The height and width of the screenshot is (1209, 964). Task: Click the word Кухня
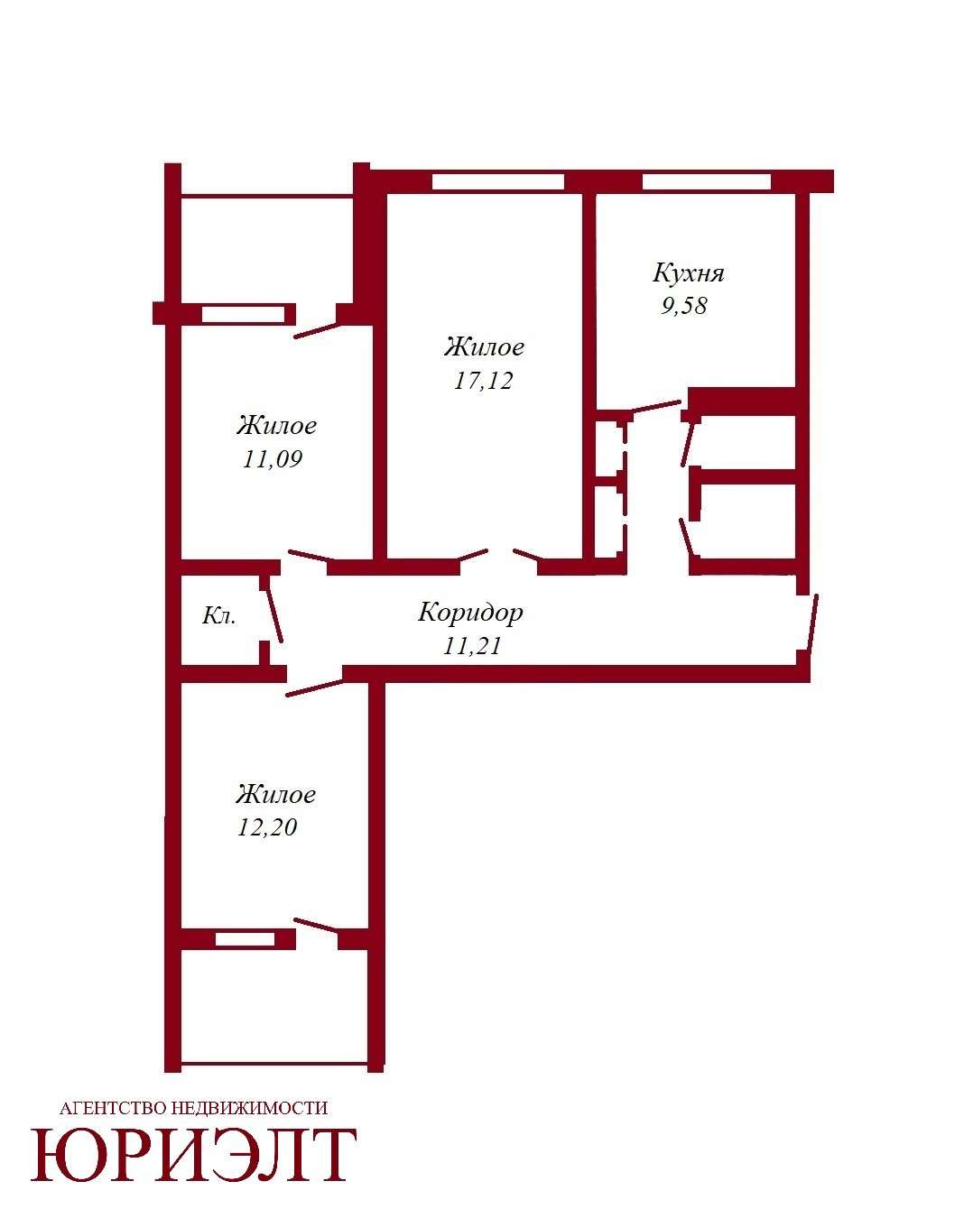[x=688, y=273]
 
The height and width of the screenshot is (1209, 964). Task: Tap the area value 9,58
[x=683, y=306]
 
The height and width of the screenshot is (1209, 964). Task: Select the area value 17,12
[x=483, y=381]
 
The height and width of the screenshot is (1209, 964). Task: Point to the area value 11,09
[x=273, y=459]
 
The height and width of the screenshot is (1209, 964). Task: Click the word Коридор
[x=470, y=612]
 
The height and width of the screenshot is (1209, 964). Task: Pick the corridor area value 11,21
[x=471, y=647]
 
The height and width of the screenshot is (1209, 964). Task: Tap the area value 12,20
[x=267, y=827]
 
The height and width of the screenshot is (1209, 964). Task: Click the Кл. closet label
[x=218, y=616]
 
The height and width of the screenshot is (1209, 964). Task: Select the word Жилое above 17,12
[x=484, y=347]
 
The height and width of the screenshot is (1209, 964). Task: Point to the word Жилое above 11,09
[x=276, y=425]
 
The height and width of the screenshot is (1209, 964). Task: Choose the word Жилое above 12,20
[x=275, y=794]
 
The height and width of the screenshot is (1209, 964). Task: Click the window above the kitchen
[x=706, y=182]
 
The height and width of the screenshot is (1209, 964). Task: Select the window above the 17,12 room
[x=497, y=182]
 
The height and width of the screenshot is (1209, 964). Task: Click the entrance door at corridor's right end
[x=812, y=623]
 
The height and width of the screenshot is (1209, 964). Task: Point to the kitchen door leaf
[x=656, y=406]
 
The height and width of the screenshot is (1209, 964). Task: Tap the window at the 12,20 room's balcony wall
[x=246, y=939]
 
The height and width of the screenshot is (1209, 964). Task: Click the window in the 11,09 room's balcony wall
[x=244, y=314]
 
